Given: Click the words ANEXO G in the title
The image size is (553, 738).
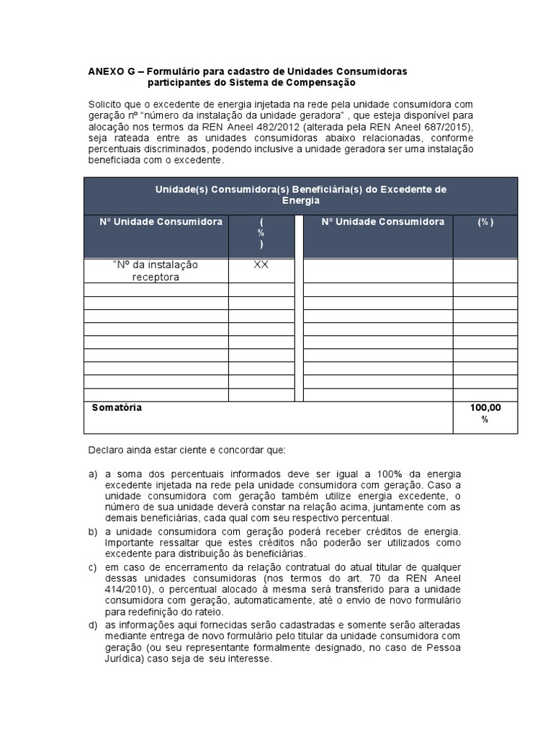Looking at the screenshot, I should (111, 71).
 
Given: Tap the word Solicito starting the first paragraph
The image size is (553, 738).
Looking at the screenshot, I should (106, 103).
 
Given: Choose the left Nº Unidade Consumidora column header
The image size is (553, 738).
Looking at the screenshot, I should (161, 222).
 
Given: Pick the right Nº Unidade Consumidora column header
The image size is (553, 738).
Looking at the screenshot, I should (382, 222).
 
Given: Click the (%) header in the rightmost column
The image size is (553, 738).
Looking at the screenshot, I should (485, 222).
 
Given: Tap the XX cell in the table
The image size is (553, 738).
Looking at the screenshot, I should (261, 264).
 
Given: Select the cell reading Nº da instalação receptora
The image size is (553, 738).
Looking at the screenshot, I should (156, 271).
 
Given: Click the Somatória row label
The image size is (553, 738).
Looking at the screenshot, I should (117, 408).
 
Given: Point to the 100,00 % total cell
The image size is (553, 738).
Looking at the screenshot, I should (485, 414).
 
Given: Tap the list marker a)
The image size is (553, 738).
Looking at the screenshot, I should (93, 474).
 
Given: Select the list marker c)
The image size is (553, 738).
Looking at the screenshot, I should (93, 567).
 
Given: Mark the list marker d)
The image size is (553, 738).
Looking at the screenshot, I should (93, 624).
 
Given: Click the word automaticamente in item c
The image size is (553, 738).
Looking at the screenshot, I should (261, 600).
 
